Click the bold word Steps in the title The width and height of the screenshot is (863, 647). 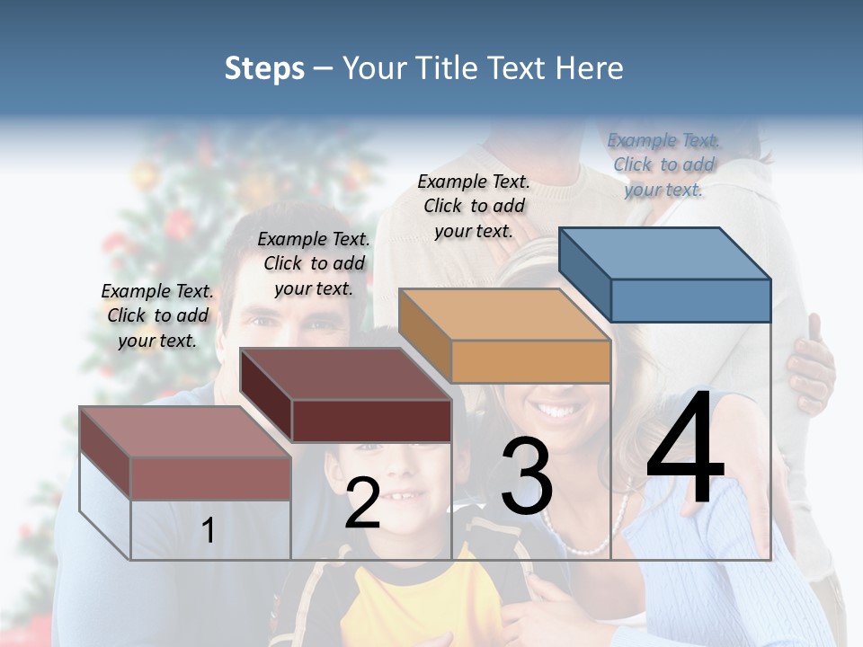pos(264,68)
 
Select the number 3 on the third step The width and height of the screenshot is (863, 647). pos(526,478)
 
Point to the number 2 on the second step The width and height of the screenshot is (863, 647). pos(362,503)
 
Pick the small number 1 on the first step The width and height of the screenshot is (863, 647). pos(208,530)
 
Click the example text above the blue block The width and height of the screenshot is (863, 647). pos(663,164)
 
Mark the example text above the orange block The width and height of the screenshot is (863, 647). pos(474,206)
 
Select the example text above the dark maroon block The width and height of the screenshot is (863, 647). pos(314,263)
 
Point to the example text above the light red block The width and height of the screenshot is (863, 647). pos(157,315)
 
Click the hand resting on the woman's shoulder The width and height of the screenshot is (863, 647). pos(812,364)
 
